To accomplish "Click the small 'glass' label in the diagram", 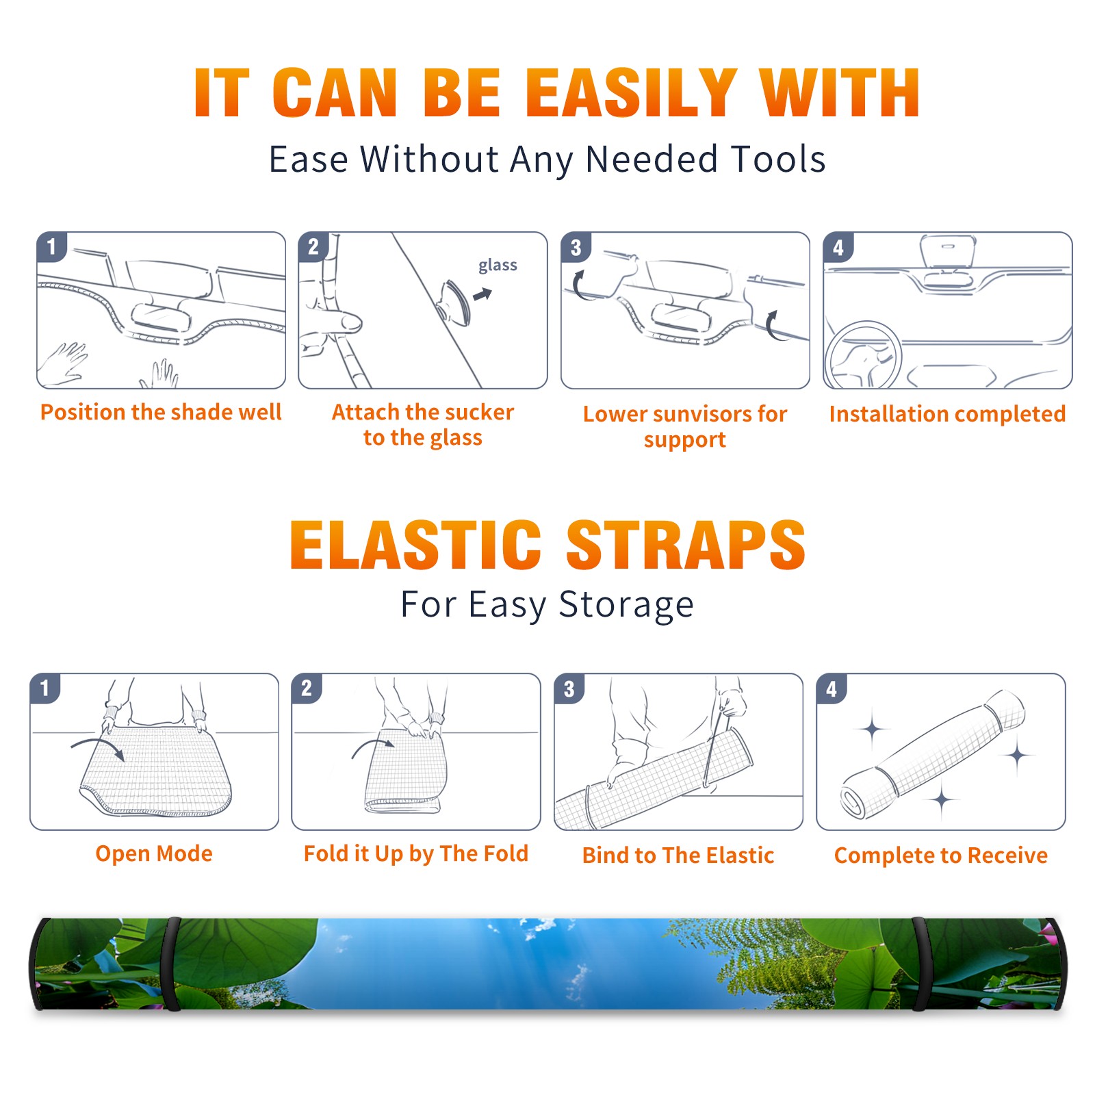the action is pos(498,266).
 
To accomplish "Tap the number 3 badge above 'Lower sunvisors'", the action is pos(576,247).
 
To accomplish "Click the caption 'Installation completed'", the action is pos(947,414).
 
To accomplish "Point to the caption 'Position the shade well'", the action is pos(161,412).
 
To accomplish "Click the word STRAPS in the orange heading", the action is pos(686,545).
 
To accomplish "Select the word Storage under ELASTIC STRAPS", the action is pos(626,605).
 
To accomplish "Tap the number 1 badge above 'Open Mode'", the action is pos(45,688).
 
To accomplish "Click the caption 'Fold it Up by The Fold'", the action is pos(416,854).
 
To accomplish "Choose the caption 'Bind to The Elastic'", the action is pos(678,855).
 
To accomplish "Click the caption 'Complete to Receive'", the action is pos(941,855).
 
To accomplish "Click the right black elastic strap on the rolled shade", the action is pos(920,964).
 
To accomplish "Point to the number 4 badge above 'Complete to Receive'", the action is pos(832,688).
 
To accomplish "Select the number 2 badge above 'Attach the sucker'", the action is pos(313,246).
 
